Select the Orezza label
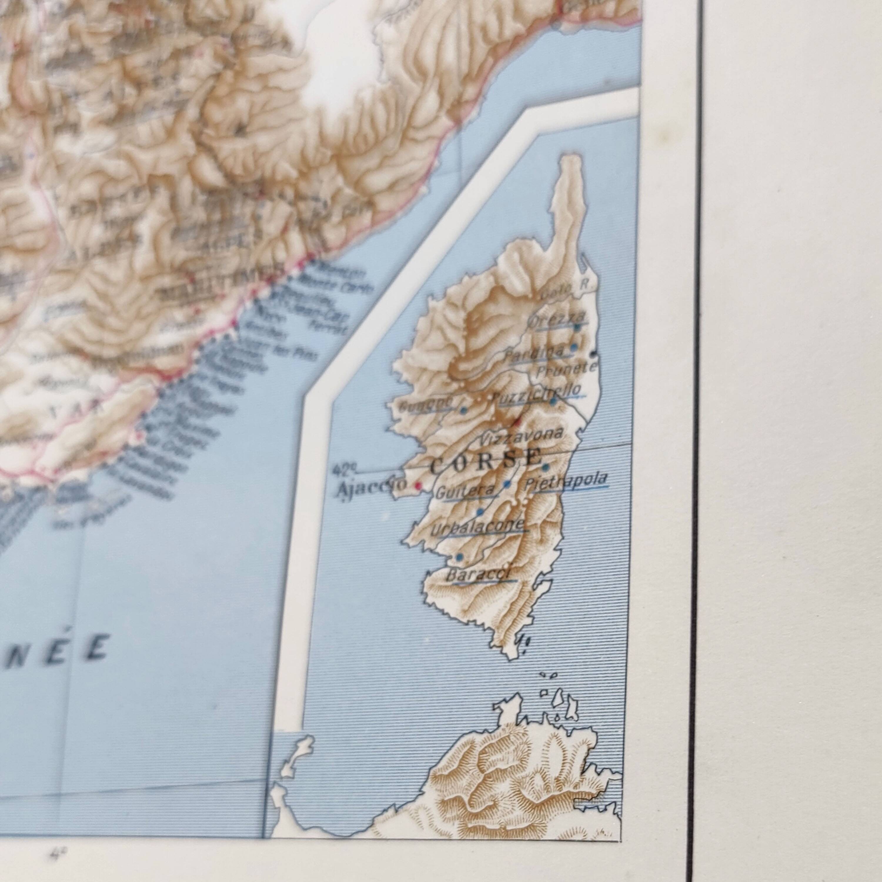coord(556,318)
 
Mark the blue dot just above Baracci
coord(460,557)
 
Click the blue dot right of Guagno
coord(463,410)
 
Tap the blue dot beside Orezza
coord(577,327)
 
